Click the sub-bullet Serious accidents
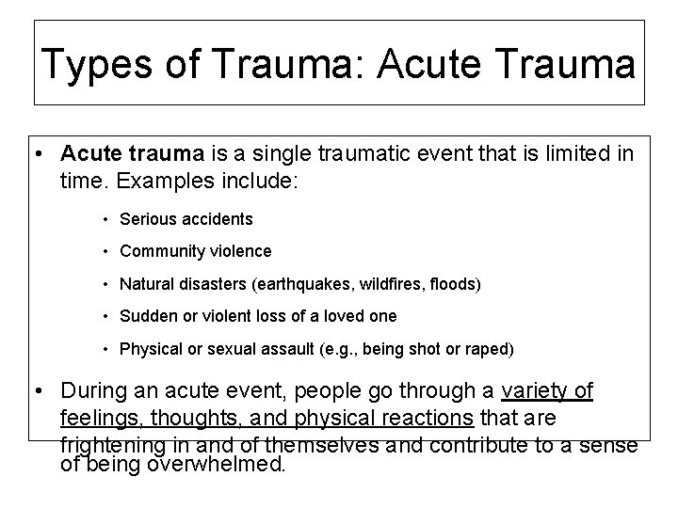pyautogui.click(x=186, y=219)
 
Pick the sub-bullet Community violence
pyautogui.click(x=196, y=251)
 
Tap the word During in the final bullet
pyautogui.click(x=95, y=390)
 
